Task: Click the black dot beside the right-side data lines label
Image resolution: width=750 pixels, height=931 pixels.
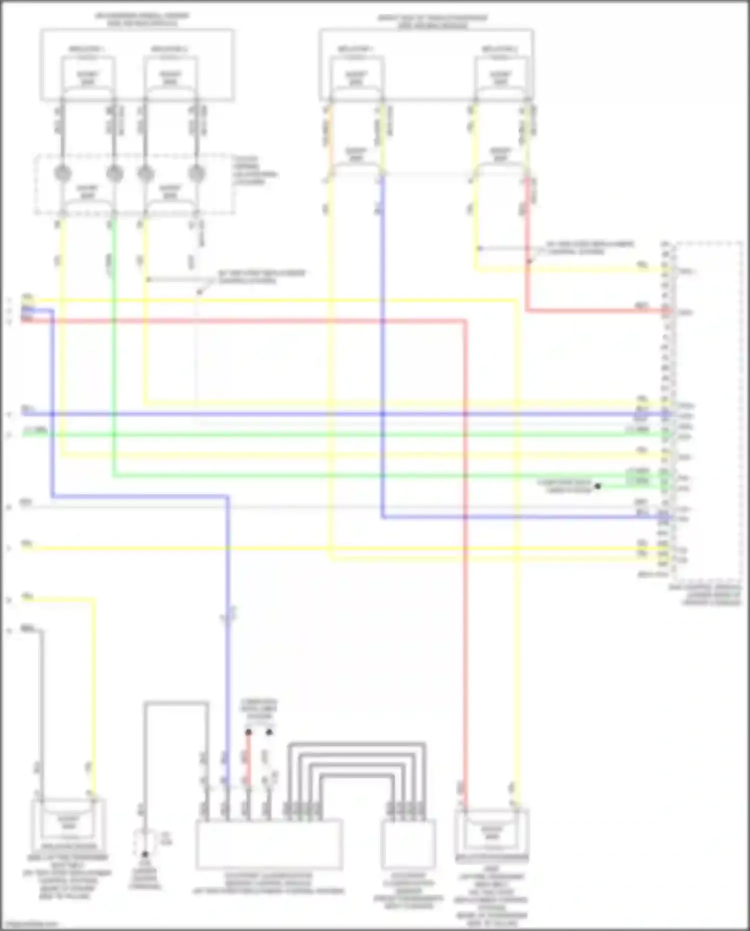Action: coord(597,486)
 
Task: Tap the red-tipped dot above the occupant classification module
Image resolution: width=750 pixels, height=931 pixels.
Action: coord(248,732)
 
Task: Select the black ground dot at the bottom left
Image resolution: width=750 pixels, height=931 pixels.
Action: coord(145,854)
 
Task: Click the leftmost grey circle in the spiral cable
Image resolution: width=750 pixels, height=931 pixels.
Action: coord(63,173)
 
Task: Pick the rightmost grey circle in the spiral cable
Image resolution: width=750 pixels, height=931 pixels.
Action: coord(197,173)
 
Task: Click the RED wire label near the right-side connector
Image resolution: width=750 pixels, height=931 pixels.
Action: coord(642,305)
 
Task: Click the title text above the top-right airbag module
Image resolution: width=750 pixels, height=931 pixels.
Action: coord(432,22)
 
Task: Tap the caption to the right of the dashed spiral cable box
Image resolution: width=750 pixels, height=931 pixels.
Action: coord(254,170)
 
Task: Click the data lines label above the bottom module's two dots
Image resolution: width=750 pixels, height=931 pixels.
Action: coord(259,709)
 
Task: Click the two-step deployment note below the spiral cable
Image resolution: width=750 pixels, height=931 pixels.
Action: coord(261,277)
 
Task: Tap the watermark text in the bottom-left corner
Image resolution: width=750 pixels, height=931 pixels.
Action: coord(30,924)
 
